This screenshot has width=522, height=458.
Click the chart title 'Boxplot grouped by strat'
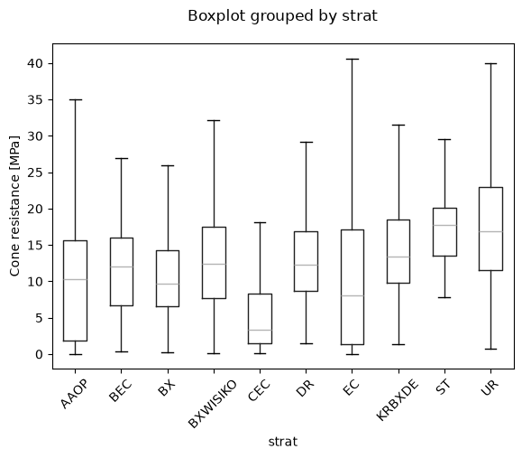click(x=282, y=16)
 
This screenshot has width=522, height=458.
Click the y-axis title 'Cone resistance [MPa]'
click(x=14, y=206)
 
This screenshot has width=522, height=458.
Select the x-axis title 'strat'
click(x=283, y=442)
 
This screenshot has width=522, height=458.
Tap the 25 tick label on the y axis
click(x=35, y=173)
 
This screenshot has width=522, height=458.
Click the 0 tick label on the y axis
click(x=40, y=355)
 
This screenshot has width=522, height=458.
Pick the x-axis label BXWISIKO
click(x=213, y=404)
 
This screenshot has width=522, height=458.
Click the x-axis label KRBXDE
click(x=398, y=400)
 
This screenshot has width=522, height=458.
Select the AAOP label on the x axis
click(x=74, y=394)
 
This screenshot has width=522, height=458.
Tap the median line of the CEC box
click(x=260, y=330)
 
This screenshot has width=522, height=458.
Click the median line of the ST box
click(x=444, y=225)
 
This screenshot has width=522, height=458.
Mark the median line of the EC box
click(x=353, y=295)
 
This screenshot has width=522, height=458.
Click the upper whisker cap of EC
click(x=353, y=59)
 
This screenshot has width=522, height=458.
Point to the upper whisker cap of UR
click(x=491, y=63)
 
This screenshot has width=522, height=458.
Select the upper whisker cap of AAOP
click(x=75, y=99)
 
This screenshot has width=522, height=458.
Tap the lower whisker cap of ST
click(x=444, y=297)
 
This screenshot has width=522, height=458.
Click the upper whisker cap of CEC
click(x=260, y=222)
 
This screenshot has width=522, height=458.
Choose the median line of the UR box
click(x=491, y=231)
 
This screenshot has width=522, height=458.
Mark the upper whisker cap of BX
click(x=168, y=166)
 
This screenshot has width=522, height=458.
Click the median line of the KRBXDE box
click(x=398, y=257)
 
